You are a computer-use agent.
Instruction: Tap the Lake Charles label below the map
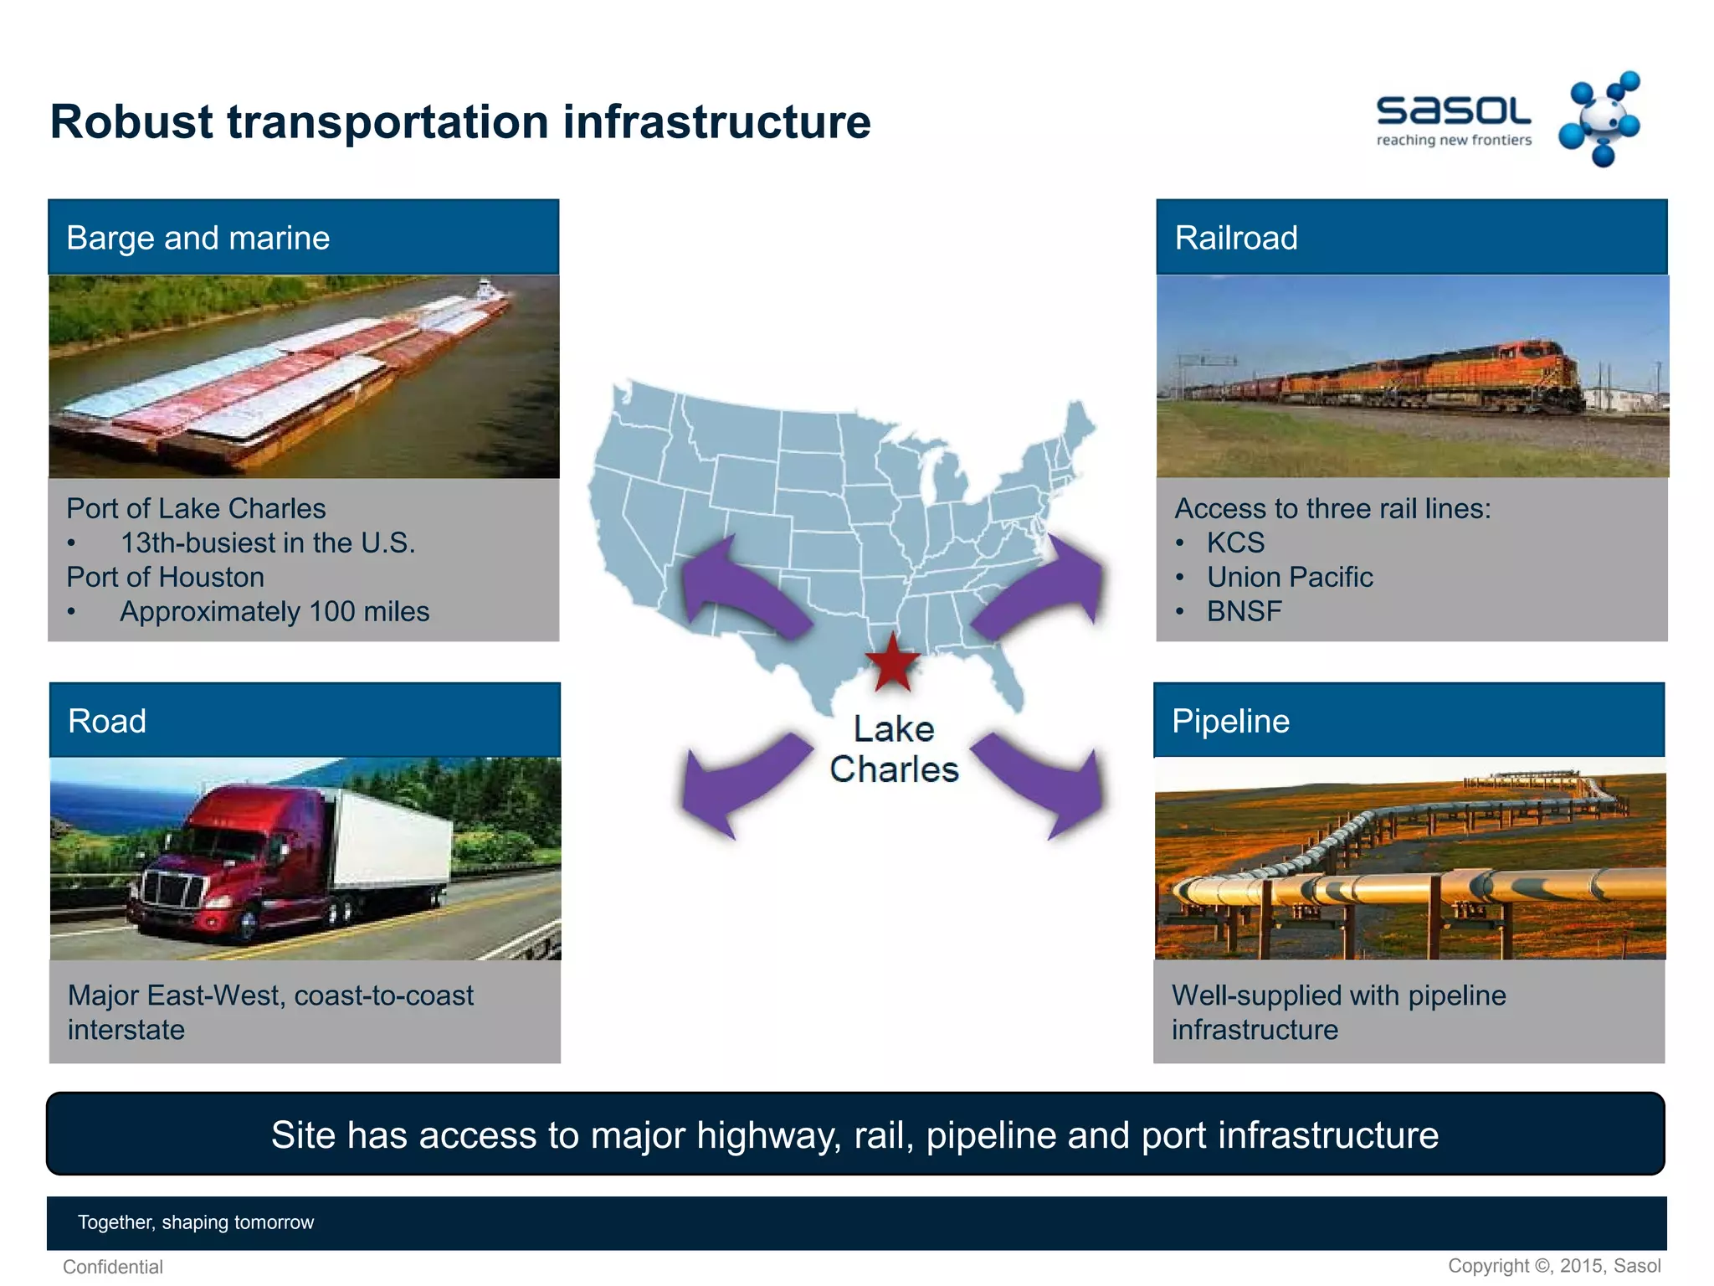pyautogui.click(x=894, y=749)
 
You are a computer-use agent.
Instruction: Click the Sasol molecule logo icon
pyautogui.click(x=1599, y=120)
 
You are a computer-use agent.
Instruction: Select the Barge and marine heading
pyautogui.click(x=198, y=238)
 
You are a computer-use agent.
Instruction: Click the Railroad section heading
pyautogui.click(x=1236, y=238)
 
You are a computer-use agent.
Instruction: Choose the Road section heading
pyautogui.click(x=107, y=721)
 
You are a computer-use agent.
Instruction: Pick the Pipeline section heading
pyautogui.click(x=1230, y=721)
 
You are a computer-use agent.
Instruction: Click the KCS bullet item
pyautogui.click(x=1235, y=543)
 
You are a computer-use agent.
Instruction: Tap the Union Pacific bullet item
pyautogui.click(x=1289, y=577)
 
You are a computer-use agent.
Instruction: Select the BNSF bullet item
pyautogui.click(x=1244, y=611)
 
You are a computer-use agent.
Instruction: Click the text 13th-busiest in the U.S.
pyautogui.click(x=268, y=543)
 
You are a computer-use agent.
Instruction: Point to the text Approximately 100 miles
pyautogui.click(x=275, y=611)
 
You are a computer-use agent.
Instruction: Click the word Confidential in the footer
pyautogui.click(x=113, y=1267)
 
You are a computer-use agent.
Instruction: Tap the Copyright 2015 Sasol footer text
pyautogui.click(x=1554, y=1266)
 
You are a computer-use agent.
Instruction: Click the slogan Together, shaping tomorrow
pyautogui.click(x=196, y=1222)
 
